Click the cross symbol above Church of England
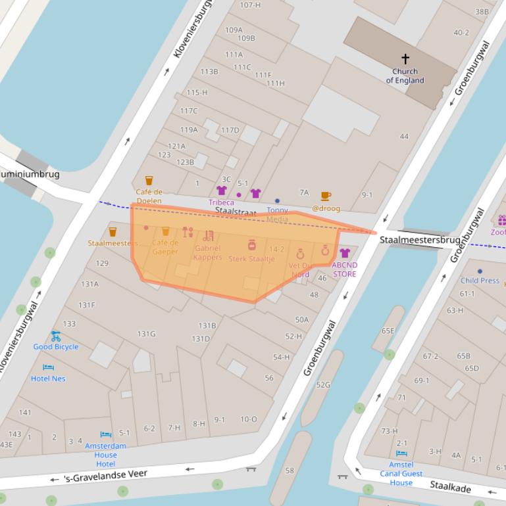point(405,59)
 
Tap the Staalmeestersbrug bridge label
point(420,241)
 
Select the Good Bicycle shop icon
point(56,336)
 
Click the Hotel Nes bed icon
point(48,367)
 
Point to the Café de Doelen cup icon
point(149,181)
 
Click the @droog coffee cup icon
point(326,196)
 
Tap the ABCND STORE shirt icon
point(344,253)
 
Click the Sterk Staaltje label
point(251,259)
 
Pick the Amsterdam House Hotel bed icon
point(106,434)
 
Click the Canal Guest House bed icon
point(401,453)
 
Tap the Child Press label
point(480,281)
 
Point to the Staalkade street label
point(450,486)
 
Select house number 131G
point(146,334)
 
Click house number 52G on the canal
point(323,384)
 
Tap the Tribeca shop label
point(221,202)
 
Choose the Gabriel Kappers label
point(207,252)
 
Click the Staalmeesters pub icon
point(113,231)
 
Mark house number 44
point(404,137)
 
